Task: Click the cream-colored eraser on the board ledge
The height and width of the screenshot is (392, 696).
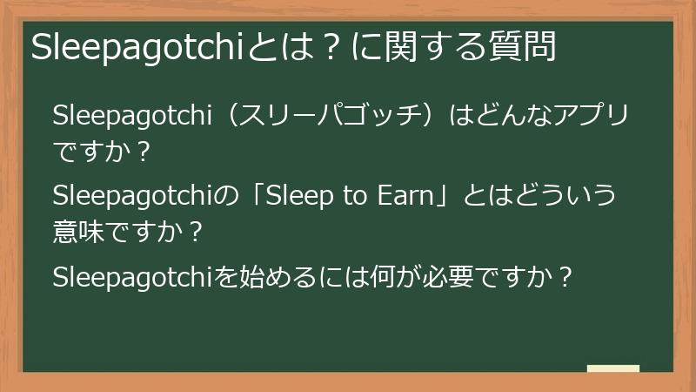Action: coord(613,368)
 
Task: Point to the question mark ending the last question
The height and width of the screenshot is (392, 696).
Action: coord(565,277)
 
